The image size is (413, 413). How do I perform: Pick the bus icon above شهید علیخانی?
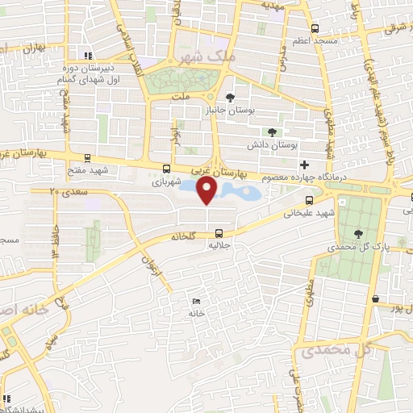point(310,202)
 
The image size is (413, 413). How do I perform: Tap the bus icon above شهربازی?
point(166,169)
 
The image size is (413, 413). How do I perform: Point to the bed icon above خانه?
point(198,301)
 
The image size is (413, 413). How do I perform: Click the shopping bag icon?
point(376,298)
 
